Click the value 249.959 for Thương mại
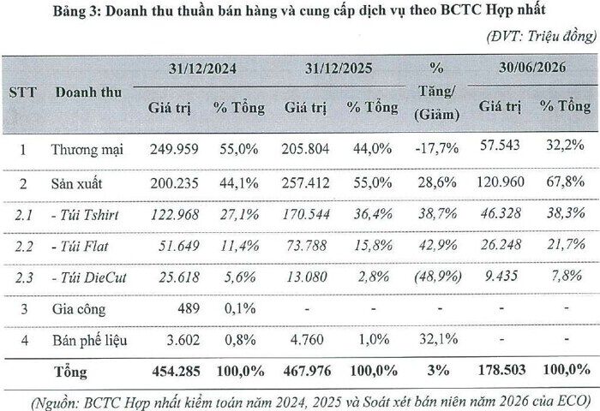pyautogui.click(x=174, y=149)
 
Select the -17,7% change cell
pyautogui.click(x=436, y=147)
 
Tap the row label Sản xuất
pyautogui.click(x=76, y=183)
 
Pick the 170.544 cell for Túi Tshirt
pyautogui.click(x=306, y=214)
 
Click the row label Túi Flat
pyautogui.click(x=81, y=247)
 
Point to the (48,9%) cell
pyautogui.click(x=438, y=276)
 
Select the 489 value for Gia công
pyautogui.click(x=189, y=308)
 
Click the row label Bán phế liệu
pyautogui.click(x=89, y=340)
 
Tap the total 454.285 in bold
pyautogui.click(x=176, y=372)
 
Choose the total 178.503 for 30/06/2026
pyautogui.click(x=501, y=370)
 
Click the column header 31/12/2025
pyautogui.click(x=339, y=68)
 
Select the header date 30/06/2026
pyautogui.click(x=532, y=68)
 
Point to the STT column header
pyautogui.click(x=22, y=92)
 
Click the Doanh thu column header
pyautogui.click(x=88, y=92)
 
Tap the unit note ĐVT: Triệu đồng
pyautogui.click(x=541, y=36)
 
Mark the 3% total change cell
pyautogui.click(x=439, y=370)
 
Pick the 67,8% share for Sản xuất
pyautogui.click(x=565, y=181)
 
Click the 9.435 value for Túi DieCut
pyautogui.click(x=501, y=275)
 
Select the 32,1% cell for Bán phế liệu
pyautogui.click(x=438, y=338)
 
